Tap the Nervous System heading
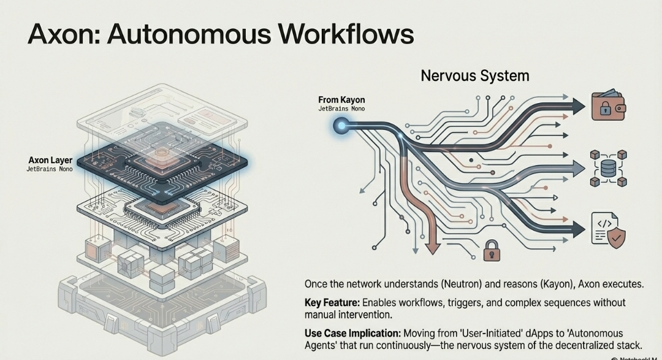[x=474, y=76]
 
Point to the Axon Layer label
[x=50, y=160]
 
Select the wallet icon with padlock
[x=608, y=106]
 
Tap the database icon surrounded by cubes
[x=608, y=167]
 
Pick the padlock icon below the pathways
[x=492, y=250]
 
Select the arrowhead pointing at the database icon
[x=577, y=166]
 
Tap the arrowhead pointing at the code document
[x=577, y=231]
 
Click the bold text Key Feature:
[x=332, y=303]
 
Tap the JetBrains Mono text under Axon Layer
[x=49, y=169]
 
